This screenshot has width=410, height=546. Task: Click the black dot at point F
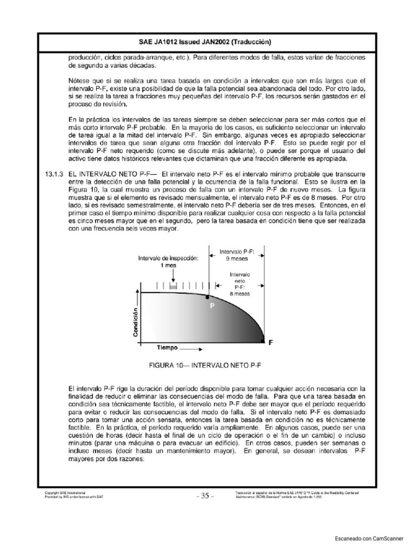[x=263, y=340]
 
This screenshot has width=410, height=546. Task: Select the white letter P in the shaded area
[x=211, y=307]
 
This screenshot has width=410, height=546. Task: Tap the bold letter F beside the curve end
[x=270, y=344]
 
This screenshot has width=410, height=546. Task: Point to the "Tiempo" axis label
[x=167, y=347]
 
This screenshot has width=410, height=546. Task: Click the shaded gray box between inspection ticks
[x=172, y=287]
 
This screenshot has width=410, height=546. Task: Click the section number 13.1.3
[x=53, y=174]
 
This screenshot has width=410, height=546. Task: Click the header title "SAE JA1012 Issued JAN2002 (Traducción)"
[x=205, y=42]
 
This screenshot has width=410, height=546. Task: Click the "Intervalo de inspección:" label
[x=168, y=258]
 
